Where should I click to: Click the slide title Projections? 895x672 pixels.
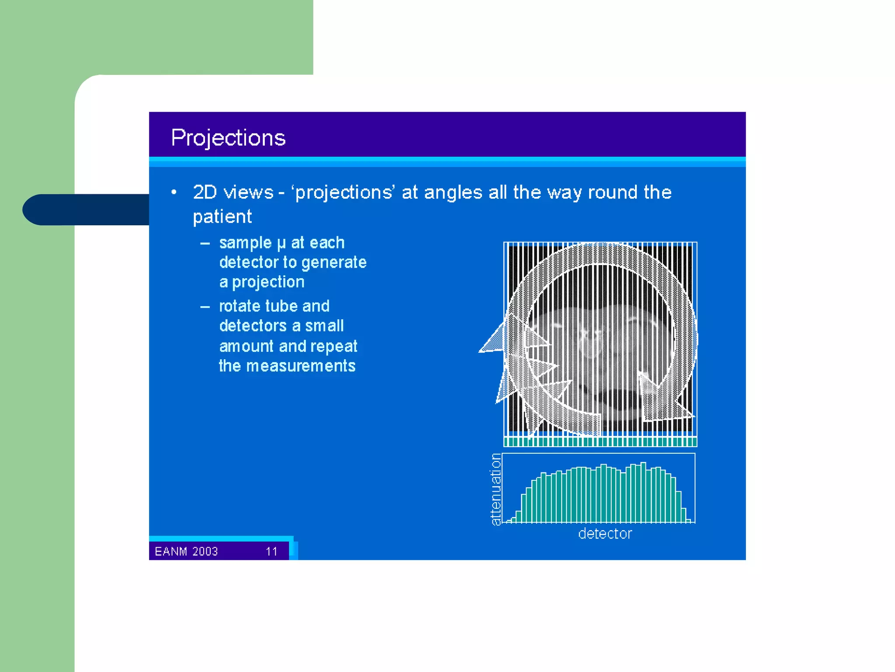click(x=228, y=138)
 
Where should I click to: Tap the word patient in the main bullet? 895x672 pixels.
click(x=222, y=217)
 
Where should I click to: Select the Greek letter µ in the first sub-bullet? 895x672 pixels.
click(x=281, y=243)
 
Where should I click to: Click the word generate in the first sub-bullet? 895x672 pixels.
click(x=334, y=262)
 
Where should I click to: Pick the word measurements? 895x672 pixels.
click(x=301, y=366)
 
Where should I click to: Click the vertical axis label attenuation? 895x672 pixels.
click(x=496, y=489)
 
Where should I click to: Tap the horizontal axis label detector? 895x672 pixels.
click(x=605, y=534)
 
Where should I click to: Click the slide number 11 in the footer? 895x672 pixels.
click(x=271, y=551)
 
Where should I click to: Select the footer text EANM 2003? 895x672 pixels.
click(x=186, y=551)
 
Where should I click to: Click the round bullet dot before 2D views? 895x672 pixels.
click(x=174, y=192)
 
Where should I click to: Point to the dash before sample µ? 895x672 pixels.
click(x=205, y=244)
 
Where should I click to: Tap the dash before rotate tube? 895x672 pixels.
click(x=205, y=307)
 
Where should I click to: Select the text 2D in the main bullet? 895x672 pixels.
click(x=205, y=192)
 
